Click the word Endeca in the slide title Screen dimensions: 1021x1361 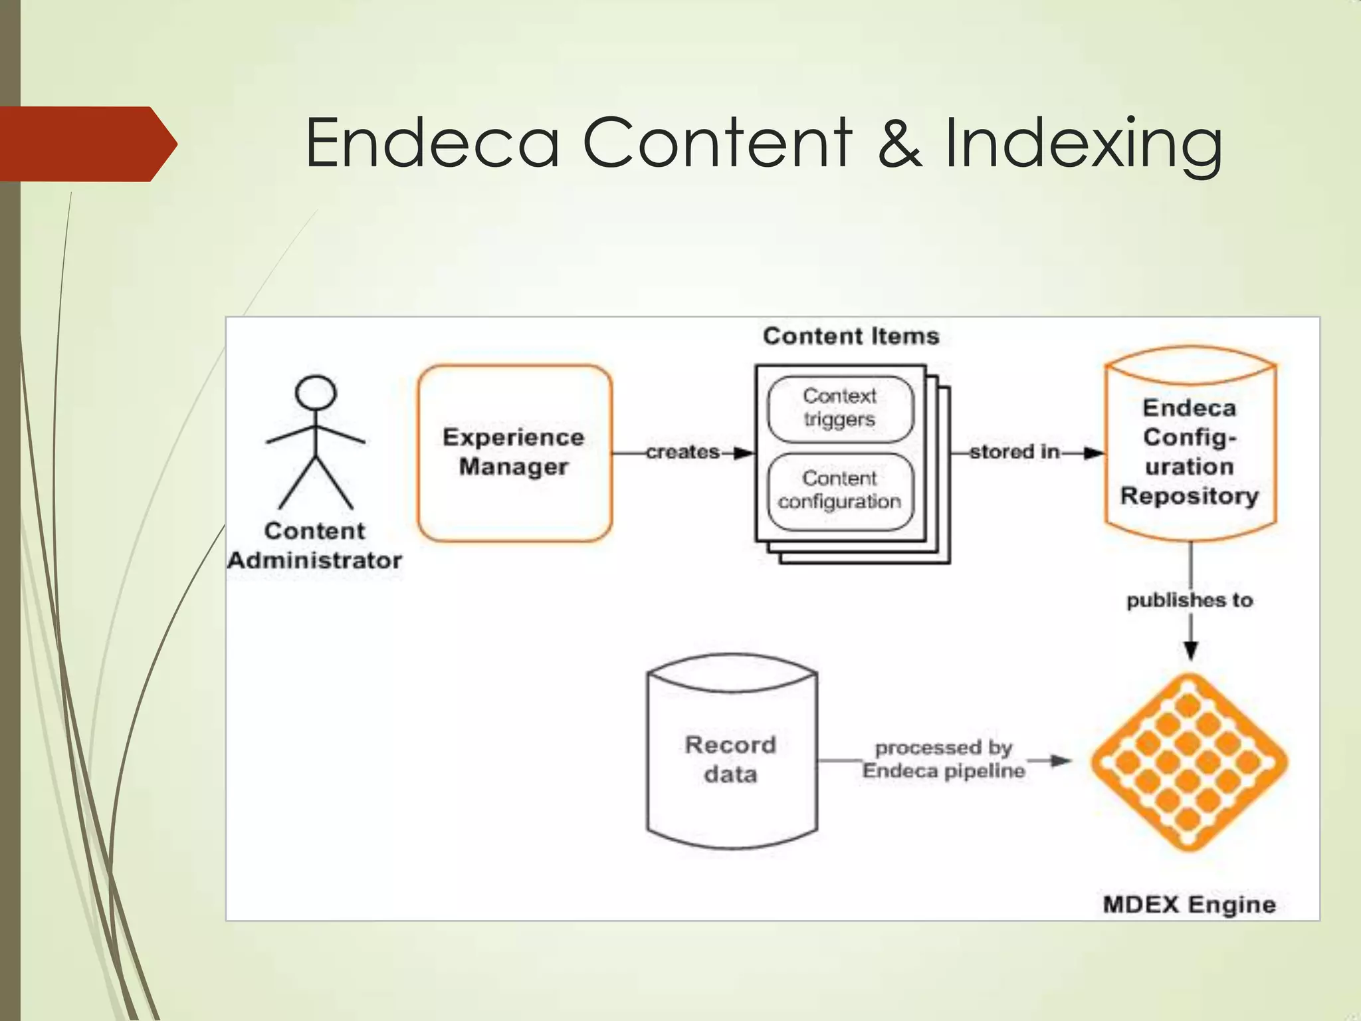tap(432, 143)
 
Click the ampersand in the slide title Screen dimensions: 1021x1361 tap(899, 143)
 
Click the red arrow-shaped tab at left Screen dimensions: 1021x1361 tap(86, 144)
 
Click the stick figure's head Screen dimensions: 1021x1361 tap(316, 392)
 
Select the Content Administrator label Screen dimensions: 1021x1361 tap(315, 546)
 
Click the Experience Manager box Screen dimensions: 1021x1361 tap(514, 453)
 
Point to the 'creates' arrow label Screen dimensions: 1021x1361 tap(682, 452)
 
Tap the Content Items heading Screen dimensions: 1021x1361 tap(851, 336)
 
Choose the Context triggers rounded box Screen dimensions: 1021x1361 tap(840, 408)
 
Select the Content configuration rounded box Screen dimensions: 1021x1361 tap(840, 491)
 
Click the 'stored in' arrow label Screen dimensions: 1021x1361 tap(1014, 452)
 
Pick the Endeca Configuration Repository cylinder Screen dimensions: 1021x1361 tap(1190, 452)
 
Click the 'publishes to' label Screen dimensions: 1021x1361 tap(1190, 600)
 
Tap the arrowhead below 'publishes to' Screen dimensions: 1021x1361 tap(1191, 650)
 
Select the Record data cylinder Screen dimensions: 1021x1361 tap(731, 758)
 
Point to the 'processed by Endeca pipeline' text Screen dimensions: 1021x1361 tap(944, 759)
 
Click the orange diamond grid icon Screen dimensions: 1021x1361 tap(1190, 762)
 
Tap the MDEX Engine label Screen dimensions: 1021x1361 tap(1190, 905)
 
